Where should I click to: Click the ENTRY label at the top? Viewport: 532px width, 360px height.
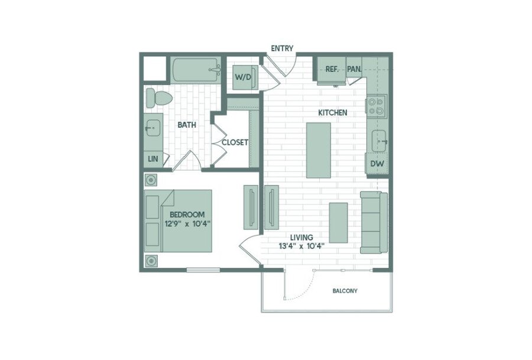(x=282, y=48)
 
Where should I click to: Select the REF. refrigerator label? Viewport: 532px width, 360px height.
(x=332, y=69)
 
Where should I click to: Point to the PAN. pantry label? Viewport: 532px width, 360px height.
(x=354, y=69)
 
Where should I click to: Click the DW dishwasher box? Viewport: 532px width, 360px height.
(x=377, y=164)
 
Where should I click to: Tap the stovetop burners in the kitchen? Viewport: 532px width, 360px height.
(x=377, y=106)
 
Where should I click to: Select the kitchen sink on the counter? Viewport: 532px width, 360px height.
(x=379, y=141)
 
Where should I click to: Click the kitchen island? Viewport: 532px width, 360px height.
(x=318, y=150)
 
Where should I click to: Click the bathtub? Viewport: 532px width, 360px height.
(x=196, y=70)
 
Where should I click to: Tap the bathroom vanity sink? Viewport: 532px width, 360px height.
(x=153, y=128)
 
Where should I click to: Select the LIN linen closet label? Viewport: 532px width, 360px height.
(x=153, y=158)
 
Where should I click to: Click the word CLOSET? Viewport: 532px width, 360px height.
(x=235, y=142)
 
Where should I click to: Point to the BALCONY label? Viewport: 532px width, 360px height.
(x=345, y=291)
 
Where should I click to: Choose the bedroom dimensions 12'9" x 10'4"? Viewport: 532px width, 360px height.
(x=188, y=223)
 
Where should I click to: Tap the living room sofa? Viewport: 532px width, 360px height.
(x=374, y=223)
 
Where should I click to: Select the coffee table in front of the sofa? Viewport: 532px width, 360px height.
(x=338, y=223)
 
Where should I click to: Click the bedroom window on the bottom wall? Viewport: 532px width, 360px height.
(x=203, y=270)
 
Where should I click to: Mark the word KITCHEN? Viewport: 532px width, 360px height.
(x=332, y=112)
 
